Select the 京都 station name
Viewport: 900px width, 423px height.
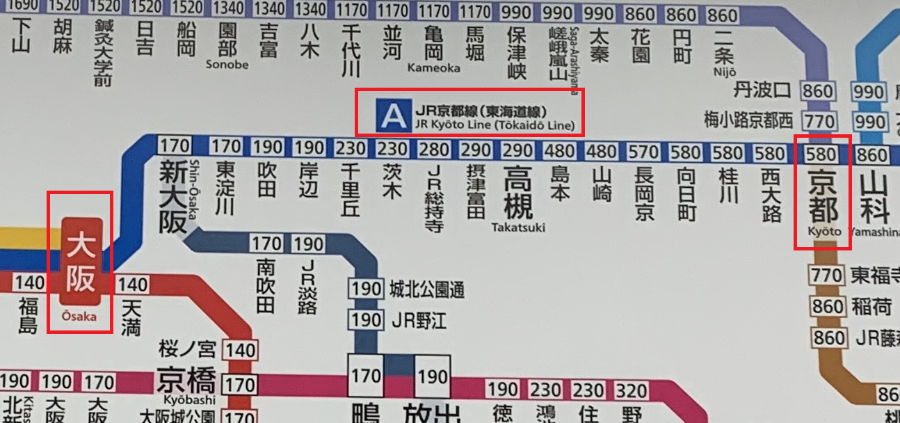point(823,195)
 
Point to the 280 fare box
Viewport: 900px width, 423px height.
point(434,149)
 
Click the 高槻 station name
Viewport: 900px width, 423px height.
point(518,193)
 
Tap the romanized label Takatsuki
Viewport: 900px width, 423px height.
point(518,227)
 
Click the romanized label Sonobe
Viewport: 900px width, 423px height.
point(227,64)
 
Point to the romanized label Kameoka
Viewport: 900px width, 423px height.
point(434,67)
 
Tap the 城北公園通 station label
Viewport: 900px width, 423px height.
point(427,289)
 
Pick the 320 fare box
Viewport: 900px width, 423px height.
point(631,390)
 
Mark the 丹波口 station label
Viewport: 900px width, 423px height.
point(762,90)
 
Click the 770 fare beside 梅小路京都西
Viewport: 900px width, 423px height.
point(819,121)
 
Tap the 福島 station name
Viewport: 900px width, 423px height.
point(29,315)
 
